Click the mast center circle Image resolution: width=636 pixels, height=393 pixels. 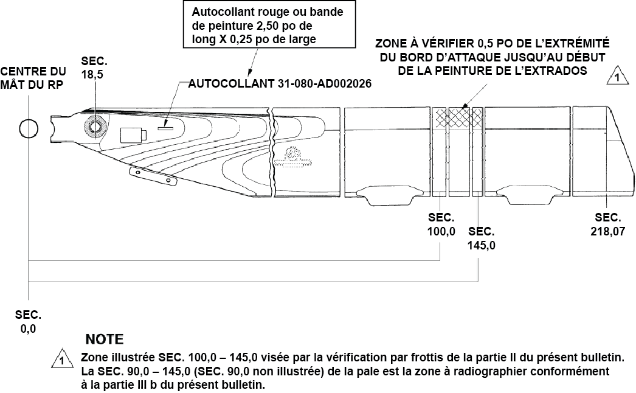pyautogui.click(x=28, y=128)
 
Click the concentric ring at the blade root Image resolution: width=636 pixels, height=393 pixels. pyautogui.click(x=94, y=126)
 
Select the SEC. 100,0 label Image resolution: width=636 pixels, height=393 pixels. pyautogui.click(x=441, y=224)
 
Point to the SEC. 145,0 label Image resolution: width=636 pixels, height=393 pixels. pyautogui.click(x=482, y=239)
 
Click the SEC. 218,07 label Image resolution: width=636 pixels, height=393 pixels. pyautogui.click(x=607, y=224)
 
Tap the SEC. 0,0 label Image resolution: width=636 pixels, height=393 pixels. pyautogui.click(x=29, y=322)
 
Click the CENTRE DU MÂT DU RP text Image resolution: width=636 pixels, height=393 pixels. pyautogui.click(x=33, y=78)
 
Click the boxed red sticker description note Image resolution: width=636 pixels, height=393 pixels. pyautogui.click(x=269, y=26)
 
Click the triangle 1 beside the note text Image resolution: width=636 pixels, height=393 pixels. pyautogui.click(x=61, y=360)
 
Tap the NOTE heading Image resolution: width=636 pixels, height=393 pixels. pyautogui.click(x=104, y=339)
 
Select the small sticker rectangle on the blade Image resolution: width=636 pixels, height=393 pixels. pyautogui.click(x=166, y=128)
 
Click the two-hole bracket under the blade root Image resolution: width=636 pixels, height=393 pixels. pyautogui.click(x=153, y=176)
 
